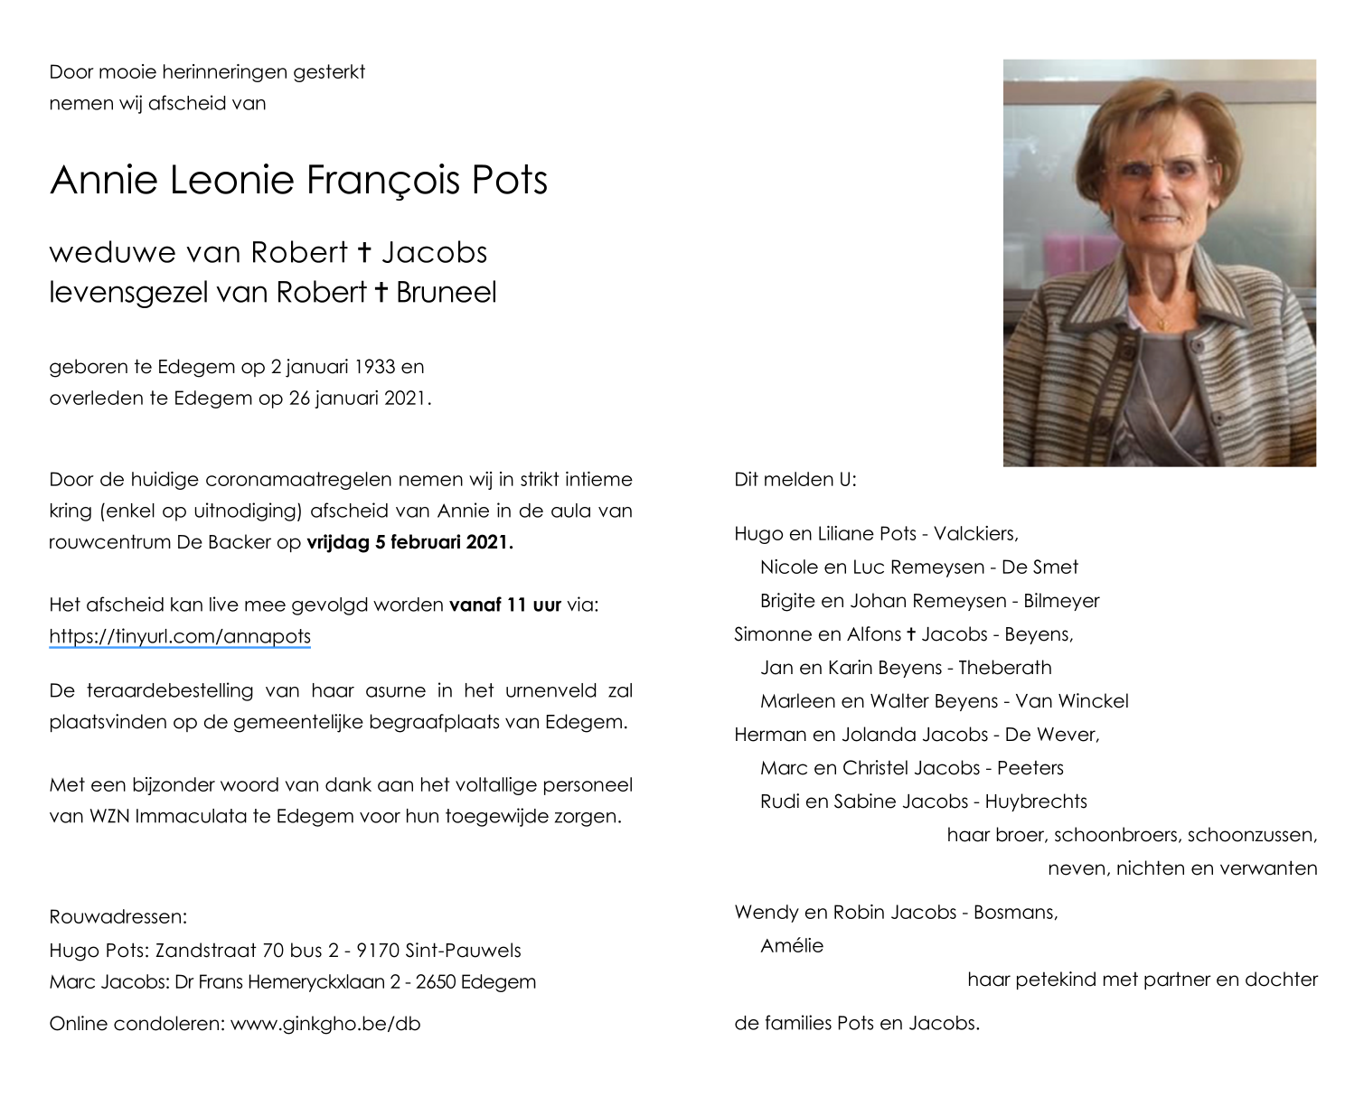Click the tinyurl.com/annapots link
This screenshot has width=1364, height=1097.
[180, 636]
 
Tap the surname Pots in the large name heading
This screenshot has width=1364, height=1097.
[509, 180]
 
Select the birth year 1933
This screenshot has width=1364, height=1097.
[374, 367]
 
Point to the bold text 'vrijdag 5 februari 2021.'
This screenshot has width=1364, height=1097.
[409, 543]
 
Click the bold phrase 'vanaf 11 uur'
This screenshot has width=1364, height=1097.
[504, 605]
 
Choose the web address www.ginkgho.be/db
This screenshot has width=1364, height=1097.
[325, 1024]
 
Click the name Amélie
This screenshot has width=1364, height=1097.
[792, 946]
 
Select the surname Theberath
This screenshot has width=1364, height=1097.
[1004, 668]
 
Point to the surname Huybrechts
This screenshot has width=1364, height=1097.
[1036, 802]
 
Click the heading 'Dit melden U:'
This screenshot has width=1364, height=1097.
[795, 480]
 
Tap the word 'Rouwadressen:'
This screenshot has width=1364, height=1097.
[118, 917]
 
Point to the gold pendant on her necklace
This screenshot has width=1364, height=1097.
[1161, 322]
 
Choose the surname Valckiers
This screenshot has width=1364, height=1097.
[975, 534]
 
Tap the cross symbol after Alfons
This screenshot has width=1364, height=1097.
[911, 634]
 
